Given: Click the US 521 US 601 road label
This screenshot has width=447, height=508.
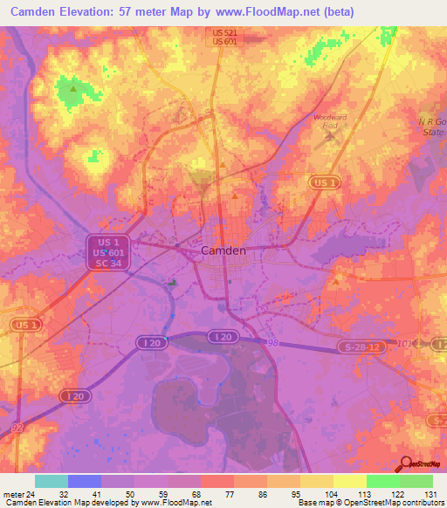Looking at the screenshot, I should pos(224,37).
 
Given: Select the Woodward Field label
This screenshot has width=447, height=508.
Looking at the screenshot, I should pos(330,121).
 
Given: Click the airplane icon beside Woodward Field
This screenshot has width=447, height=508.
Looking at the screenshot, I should pos(330,136).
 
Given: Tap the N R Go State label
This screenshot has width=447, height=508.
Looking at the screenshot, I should pos(430,126).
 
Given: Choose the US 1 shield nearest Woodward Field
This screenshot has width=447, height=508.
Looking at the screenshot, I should pos(322,182).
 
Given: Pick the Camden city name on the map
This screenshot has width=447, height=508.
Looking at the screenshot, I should pos(223,250).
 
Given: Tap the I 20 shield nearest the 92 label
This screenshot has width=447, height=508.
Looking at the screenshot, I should pos(76,395).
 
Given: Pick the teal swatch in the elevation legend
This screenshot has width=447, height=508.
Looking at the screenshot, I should pos(51,481).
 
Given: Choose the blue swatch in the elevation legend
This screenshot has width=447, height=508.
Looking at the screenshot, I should pos(84,481).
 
